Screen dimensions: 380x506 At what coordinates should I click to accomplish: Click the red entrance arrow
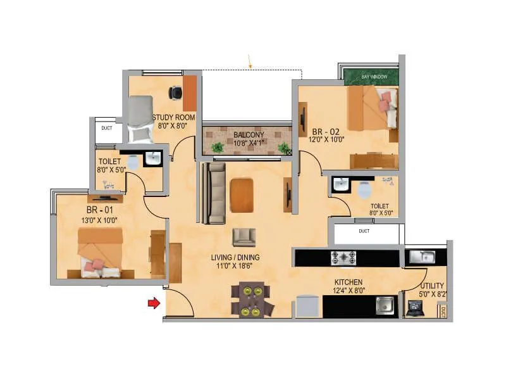(154, 303)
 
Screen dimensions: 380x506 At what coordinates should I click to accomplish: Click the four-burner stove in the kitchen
(343, 258)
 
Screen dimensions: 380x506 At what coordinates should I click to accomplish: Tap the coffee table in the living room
(242, 195)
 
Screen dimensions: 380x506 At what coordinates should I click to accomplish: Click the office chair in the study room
(175, 93)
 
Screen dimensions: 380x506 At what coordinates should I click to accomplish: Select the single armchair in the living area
(244, 237)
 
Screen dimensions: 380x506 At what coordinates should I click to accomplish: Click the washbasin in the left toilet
(152, 158)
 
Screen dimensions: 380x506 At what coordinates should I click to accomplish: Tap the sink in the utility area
(421, 256)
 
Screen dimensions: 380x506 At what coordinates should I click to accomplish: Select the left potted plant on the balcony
(218, 148)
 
